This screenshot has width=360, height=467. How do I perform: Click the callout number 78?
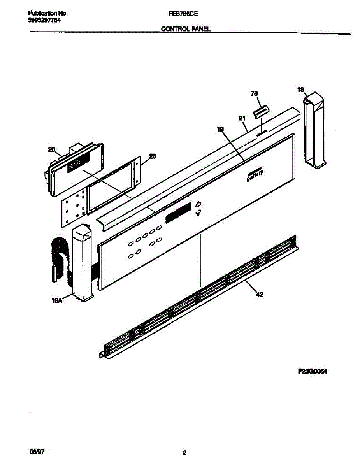click(x=255, y=94)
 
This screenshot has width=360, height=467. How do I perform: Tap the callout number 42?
click(x=260, y=295)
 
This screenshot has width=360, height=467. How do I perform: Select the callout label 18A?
click(x=57, y=300)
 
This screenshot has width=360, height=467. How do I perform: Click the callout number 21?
click(x=242, y=118)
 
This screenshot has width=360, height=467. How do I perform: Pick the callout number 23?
click(x=153, y=156)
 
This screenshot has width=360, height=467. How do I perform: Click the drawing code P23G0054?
click(x=312, y=371)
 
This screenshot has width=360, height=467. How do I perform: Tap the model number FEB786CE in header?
click(x=183, y=13)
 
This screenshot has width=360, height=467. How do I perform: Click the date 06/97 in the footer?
click(x=35, y=453)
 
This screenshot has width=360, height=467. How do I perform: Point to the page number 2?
click(x=185, y=453)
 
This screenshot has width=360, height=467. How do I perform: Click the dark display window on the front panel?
click(x=179, y=212)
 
